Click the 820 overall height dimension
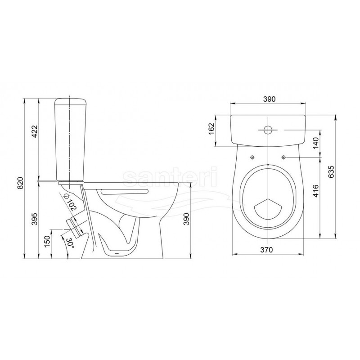tap(21, 183)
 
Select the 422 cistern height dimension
tap(35, 131)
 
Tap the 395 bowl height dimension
tap(35, 219)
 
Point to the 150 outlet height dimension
tap(47, 241)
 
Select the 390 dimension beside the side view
tap(187, 219)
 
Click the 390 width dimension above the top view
tap(269, 99)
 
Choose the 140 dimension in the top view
tap(316, 143)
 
